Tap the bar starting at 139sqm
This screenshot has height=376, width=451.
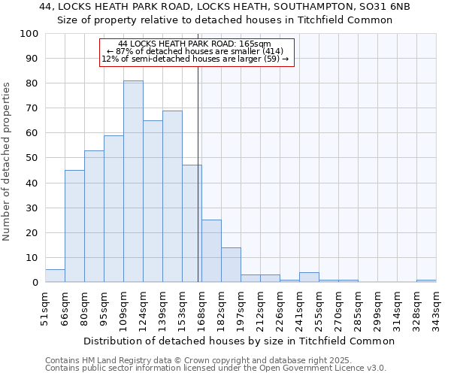click(172, 196)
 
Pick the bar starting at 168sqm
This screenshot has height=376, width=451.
click(211, 250)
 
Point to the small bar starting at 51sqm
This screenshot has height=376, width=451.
click(55, 276)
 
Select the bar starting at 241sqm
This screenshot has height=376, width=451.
click(309, 277)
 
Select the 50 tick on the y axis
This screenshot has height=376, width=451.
click(32, 158)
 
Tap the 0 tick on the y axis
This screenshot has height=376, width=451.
click(35, 283)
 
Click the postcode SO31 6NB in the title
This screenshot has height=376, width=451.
click(386, 6)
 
